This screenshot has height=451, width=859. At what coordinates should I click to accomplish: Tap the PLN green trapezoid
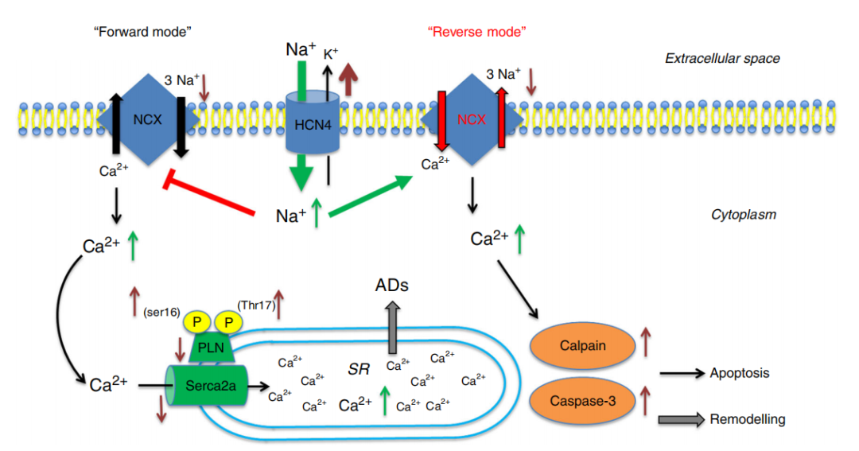204,348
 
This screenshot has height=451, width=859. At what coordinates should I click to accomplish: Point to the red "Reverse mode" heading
477,32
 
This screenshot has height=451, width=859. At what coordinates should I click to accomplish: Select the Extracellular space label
722,58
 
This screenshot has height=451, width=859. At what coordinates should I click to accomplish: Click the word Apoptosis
740,373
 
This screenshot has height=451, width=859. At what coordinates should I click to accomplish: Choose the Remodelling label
748,419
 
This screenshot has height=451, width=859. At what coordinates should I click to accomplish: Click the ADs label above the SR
392,285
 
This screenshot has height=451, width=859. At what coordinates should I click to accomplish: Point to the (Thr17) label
255,305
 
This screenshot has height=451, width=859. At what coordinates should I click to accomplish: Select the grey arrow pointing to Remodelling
681,420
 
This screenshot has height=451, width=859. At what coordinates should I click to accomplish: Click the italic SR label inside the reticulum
360,369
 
